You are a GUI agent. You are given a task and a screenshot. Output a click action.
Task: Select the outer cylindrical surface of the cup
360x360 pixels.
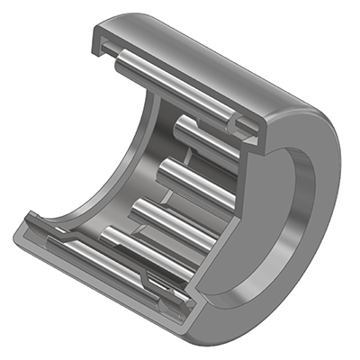pos(216,54)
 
